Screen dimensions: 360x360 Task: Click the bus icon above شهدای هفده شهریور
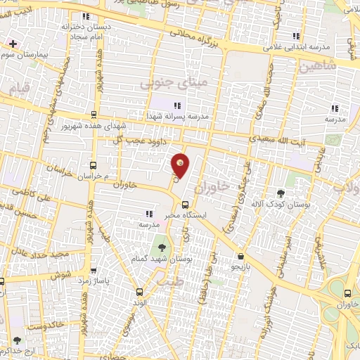coord(94,113)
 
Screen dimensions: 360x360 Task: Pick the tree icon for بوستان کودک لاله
coord(281,193)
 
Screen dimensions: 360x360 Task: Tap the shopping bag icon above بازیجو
coord(242,257)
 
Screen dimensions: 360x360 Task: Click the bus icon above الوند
coord(139,291)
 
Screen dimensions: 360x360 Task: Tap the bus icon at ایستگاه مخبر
coord(185,205)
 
